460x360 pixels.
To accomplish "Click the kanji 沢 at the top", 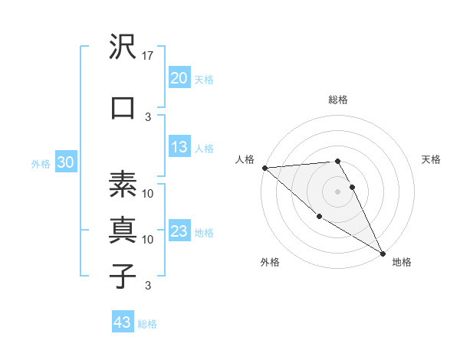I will point(123,47).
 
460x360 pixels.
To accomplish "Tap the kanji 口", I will point(123,108).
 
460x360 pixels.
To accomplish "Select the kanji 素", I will point(123,185).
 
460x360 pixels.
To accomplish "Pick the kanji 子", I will point(123,277).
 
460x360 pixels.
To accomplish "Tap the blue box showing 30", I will point(66,162).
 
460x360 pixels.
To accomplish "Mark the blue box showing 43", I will point(123,322).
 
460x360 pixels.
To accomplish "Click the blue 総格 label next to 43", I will point(148,324).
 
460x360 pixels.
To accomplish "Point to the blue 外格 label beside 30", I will point(41,163).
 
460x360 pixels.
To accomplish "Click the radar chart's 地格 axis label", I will point(402,262).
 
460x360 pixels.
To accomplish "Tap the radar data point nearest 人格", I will point(264,168).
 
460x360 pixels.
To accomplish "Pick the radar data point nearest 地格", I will point(383,253).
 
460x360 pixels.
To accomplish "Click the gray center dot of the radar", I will point(337,191).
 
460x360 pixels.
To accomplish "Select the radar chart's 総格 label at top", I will point(338,100).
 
